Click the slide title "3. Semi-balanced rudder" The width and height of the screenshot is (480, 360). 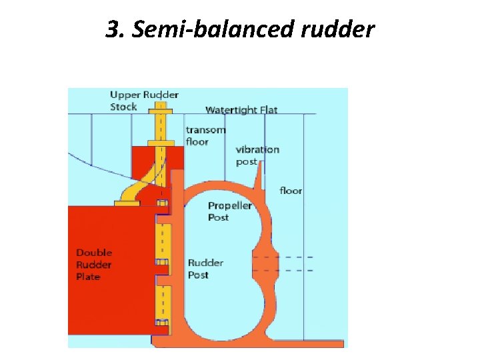coord(240,30)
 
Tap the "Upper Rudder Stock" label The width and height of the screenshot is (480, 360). coord(144,101)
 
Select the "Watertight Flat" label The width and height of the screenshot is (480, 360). coord(241,110)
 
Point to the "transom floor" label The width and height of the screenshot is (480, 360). coord(205,135)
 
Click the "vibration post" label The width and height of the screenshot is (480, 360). coord(257,155)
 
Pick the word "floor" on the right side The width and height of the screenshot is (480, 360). coord(291,191)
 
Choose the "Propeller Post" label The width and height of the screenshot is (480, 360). coord(229,211)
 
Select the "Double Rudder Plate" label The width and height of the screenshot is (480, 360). coord(94,265)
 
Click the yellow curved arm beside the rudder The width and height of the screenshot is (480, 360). coord(131,193)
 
